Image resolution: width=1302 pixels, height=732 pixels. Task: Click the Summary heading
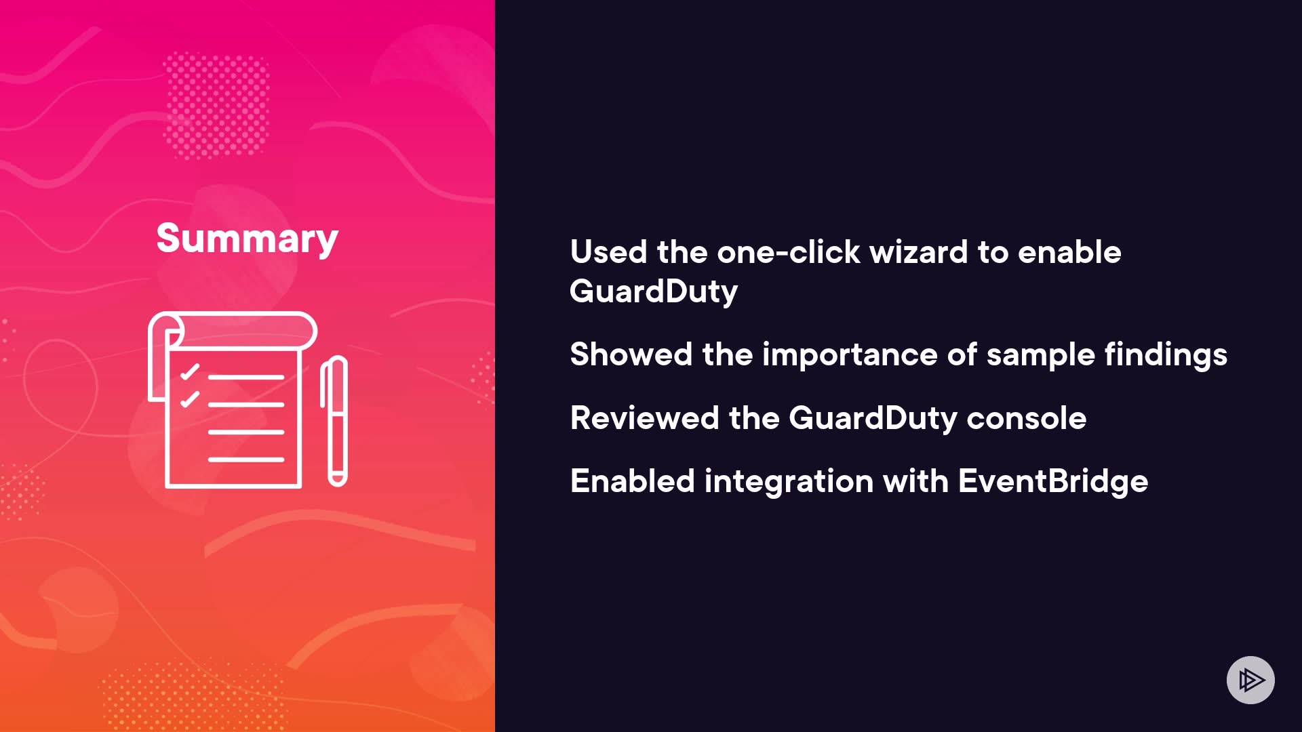pyautogui.click(x=247, y=239)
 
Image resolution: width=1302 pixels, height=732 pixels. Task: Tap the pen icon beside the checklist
pyautogui.click(x=334, y=421)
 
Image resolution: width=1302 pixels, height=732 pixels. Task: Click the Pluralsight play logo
pyautogui.click(x=1250, y=680)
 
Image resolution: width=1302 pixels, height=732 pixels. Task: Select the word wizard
pyautogui.click(x=918, y=252)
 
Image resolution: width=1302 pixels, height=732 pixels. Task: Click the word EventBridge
pyautogui.click(x=1053, y=481)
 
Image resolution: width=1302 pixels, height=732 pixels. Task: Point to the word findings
pyautogui.click(x=1166, y=354)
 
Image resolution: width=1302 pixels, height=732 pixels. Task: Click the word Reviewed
pyautogui.click(x=644, y=418)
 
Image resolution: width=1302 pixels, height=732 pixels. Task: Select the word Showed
pyautogui.click(x=631, y=354)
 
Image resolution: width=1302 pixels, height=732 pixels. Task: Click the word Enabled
pyautogui.click(x=633, y=481)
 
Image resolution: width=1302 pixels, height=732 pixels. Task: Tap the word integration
pyautogui.click(x=789, y=482)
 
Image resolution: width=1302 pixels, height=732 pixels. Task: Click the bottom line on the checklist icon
pyautogui.click(x=246, y=460)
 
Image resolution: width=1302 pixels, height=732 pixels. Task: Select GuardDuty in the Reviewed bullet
pyautogui.click(x=873, y=419)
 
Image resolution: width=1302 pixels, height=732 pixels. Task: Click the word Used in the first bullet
pyautogui.click(x=608, y=252)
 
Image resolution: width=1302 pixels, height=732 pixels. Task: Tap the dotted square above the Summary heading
pyautogui.click(x=216, y=105)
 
